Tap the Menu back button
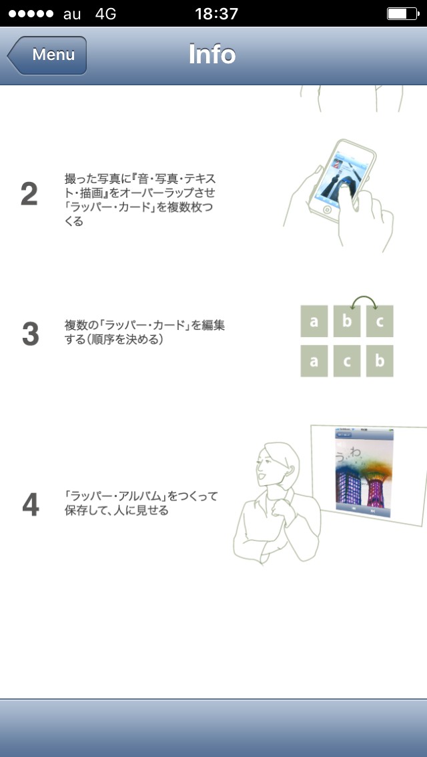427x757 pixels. (x=47, y=55)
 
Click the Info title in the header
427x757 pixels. (x=211, y=55)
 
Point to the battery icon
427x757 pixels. (x=403, y=13)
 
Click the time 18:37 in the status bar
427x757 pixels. (x=217, y=13)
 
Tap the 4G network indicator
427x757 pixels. (x=105, y=13)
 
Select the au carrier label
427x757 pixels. (x=72, y=15)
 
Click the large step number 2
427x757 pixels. (x=29, y=194)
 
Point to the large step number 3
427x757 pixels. (x=31, y=334)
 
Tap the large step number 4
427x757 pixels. (x=31, y=504)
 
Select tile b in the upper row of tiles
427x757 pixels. (x=347, y=321)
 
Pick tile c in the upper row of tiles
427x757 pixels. (x=380, y=321)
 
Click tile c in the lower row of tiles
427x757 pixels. (x=347, y=361)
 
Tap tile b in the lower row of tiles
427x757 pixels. (x=380, y=361)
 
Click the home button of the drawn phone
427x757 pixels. (x=327, y=210)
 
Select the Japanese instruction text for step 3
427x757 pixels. (x=145, y=332)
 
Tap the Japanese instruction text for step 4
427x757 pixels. (x=141, y=503)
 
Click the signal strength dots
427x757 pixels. (x=31, y=13)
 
